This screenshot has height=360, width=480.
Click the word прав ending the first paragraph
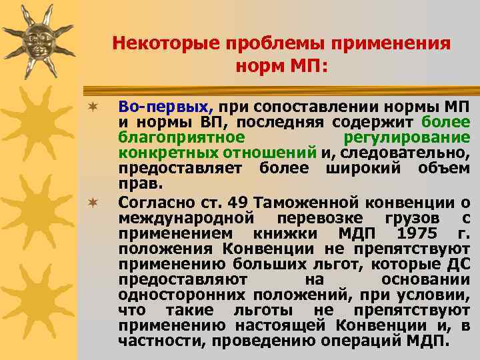[134, 182]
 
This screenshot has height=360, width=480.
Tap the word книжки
[291, 233]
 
